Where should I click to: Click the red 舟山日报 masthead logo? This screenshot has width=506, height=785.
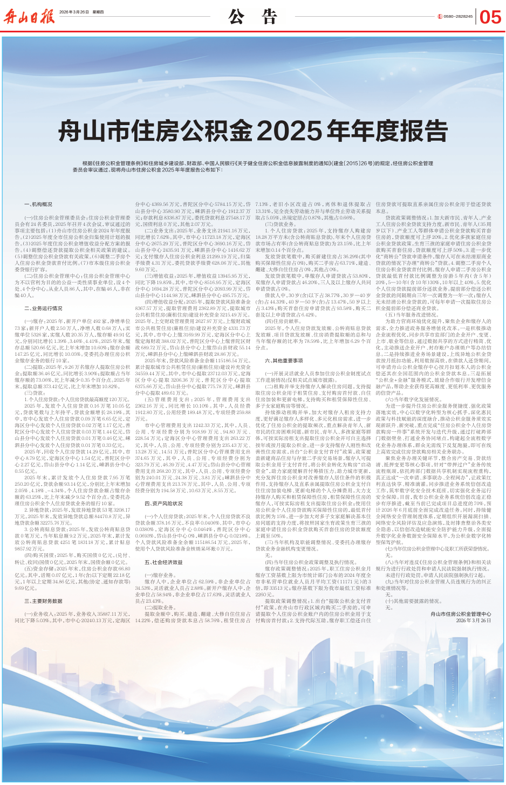pos(30,17)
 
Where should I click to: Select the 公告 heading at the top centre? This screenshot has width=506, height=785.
pos(252,17)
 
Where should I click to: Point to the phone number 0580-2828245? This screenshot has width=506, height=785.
pos(458,17)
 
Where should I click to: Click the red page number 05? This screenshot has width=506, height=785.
pos(490,17)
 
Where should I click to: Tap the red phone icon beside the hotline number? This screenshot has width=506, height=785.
pos(440,17)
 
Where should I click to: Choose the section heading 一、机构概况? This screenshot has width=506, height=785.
pos(38,204)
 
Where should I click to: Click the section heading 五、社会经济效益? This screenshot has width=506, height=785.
pos(163,562)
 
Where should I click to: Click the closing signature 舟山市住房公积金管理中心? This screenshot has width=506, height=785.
pos(461,614)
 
